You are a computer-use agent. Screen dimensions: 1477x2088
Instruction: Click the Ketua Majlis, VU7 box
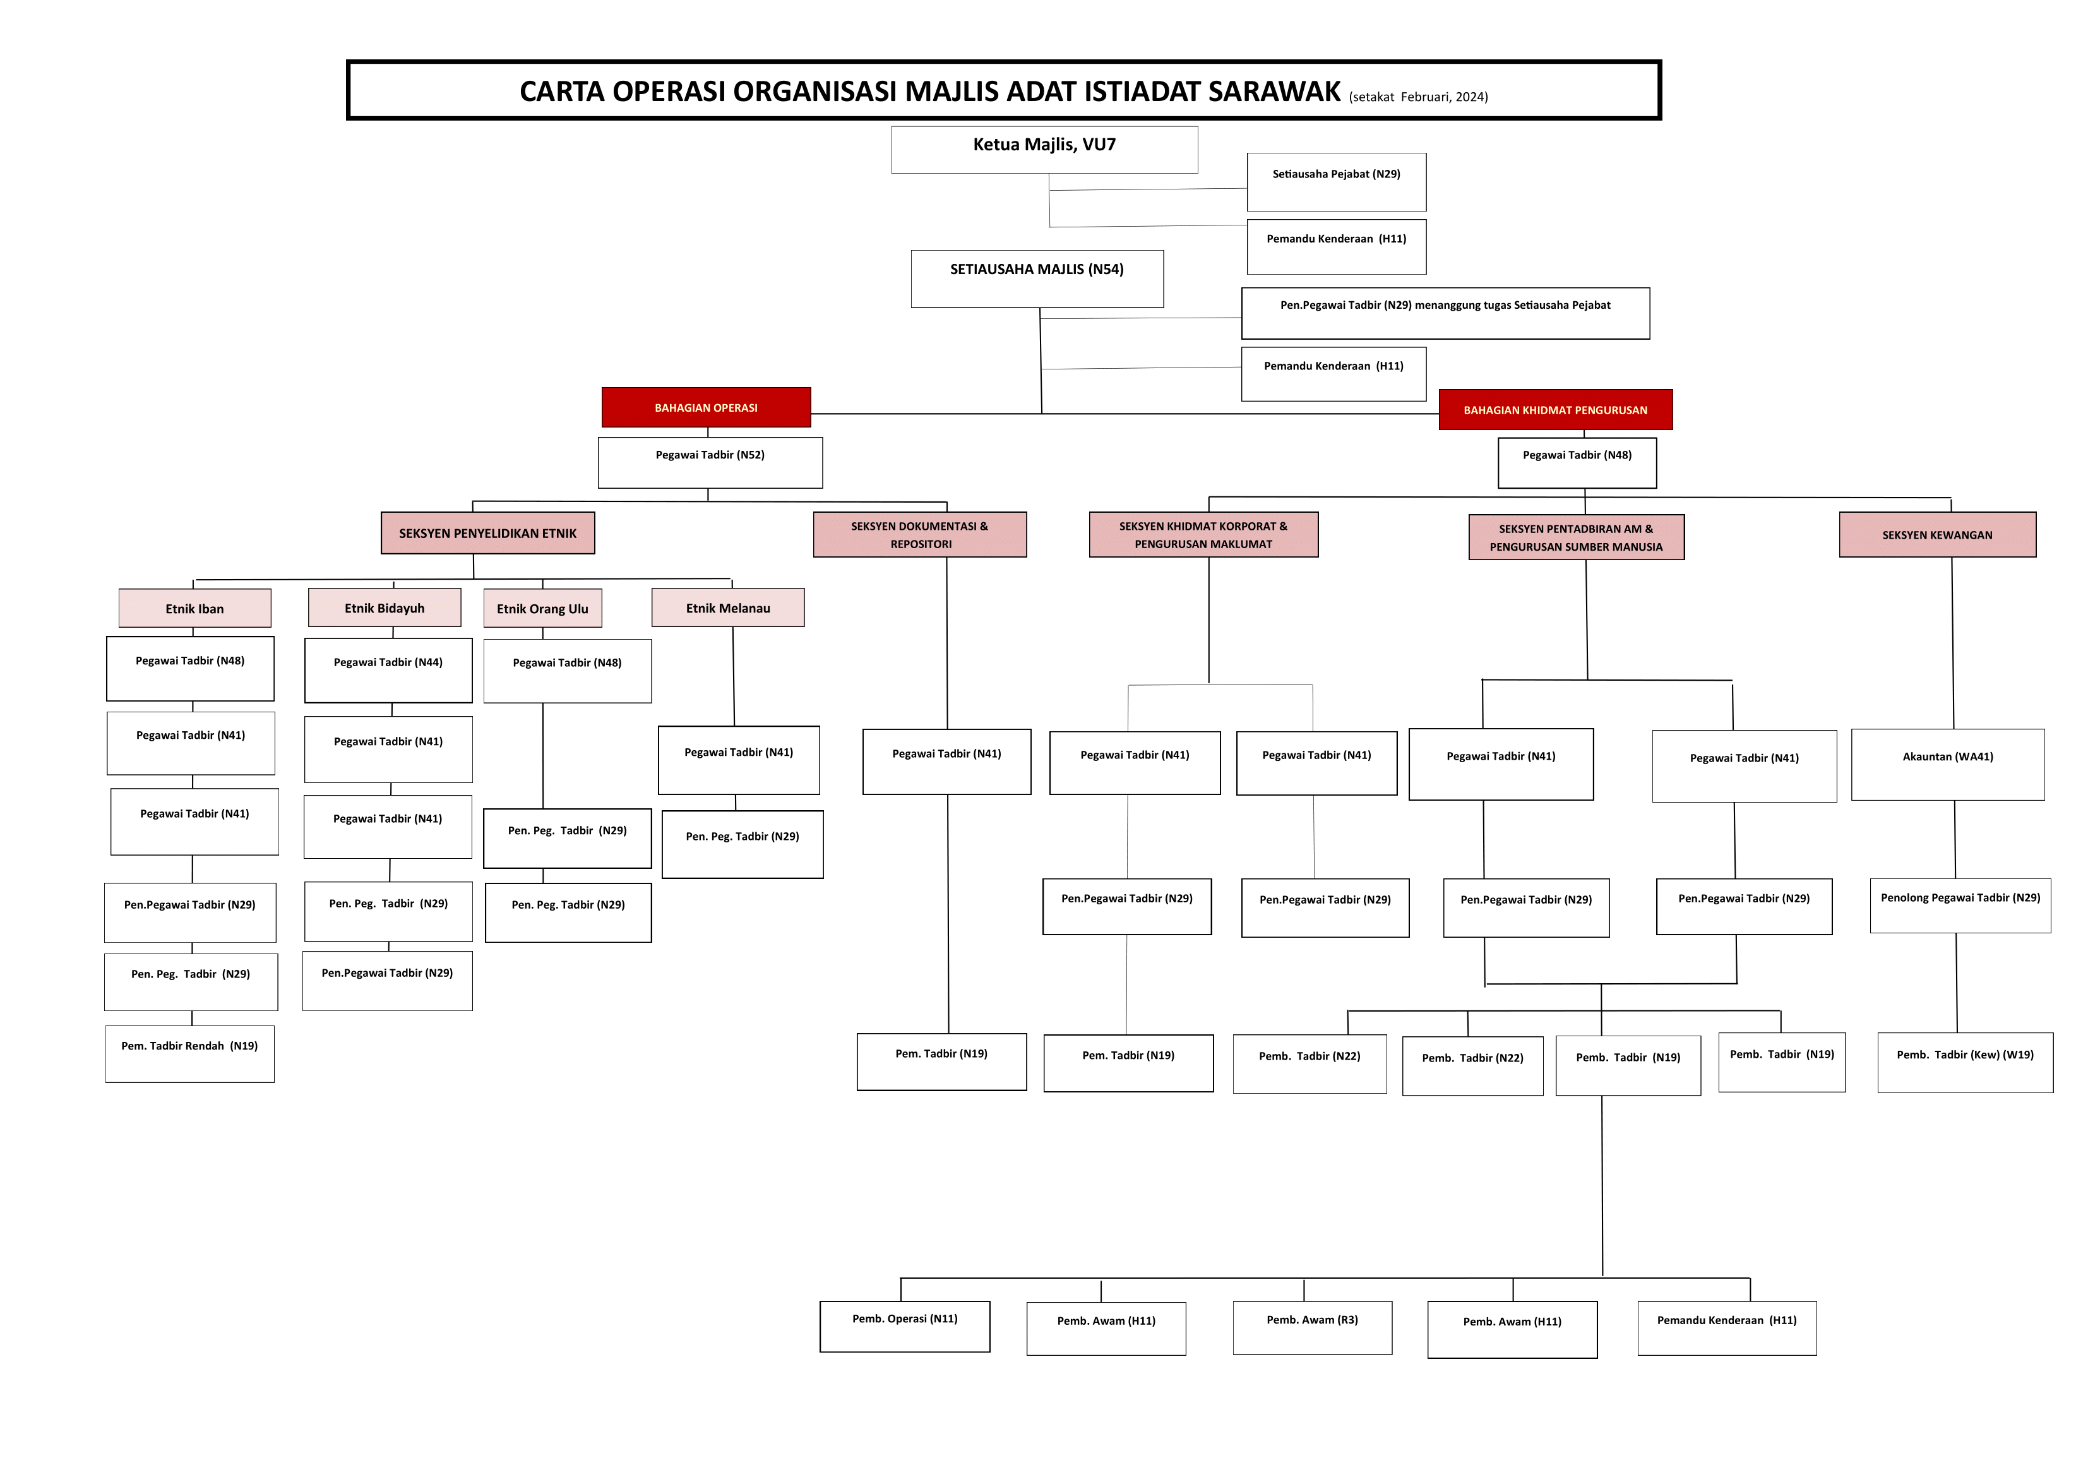(1044, 149)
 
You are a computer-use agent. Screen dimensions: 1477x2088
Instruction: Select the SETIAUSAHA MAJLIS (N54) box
(1037, 278)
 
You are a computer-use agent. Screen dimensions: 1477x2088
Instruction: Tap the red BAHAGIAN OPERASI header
(706, 407)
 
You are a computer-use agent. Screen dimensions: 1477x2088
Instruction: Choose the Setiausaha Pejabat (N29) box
(1336, 181)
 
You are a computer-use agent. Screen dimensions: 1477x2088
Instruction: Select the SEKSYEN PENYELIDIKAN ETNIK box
(487, 533)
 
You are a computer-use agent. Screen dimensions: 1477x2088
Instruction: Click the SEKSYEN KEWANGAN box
(1937, 535)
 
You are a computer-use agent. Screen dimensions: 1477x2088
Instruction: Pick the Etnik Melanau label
(727, 607)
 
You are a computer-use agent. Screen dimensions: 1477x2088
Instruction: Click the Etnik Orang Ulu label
(542, 609)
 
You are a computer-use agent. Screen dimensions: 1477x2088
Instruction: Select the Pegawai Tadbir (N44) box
(388, 669)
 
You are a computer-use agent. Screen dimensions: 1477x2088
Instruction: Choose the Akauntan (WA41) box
(1947, 764)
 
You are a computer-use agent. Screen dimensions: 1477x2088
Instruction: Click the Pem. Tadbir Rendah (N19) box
(189, 1053)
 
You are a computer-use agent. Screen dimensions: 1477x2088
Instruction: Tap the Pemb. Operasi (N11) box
(904, 1326)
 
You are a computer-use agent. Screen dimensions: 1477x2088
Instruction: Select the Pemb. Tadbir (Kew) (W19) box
(1964, 1061)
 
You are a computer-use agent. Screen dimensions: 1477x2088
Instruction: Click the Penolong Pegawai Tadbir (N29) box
(1960, 905)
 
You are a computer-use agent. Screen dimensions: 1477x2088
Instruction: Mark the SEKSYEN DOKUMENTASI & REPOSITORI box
(919, 535)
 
